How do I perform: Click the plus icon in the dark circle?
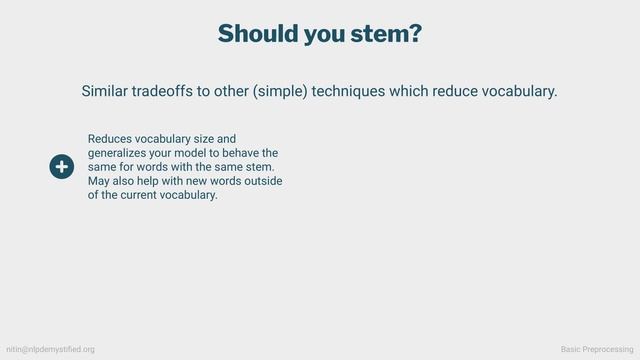(x=61, y=167)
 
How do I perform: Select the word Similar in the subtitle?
(x=109, y=91)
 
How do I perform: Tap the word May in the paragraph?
(x=99, y=181)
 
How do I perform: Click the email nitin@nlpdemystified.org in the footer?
(x=51, y=349)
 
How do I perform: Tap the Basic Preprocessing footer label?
(x=597, y=349)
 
